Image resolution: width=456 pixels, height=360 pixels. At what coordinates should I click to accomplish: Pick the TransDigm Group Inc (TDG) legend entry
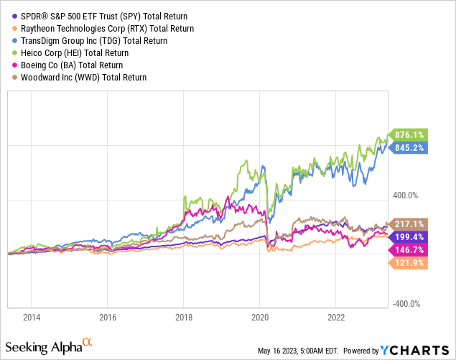93,40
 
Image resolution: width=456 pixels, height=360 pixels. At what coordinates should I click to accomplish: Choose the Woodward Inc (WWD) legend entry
83,77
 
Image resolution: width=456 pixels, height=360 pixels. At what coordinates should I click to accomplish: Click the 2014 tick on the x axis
32,316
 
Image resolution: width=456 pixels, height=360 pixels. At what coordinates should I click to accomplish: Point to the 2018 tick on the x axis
184,316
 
